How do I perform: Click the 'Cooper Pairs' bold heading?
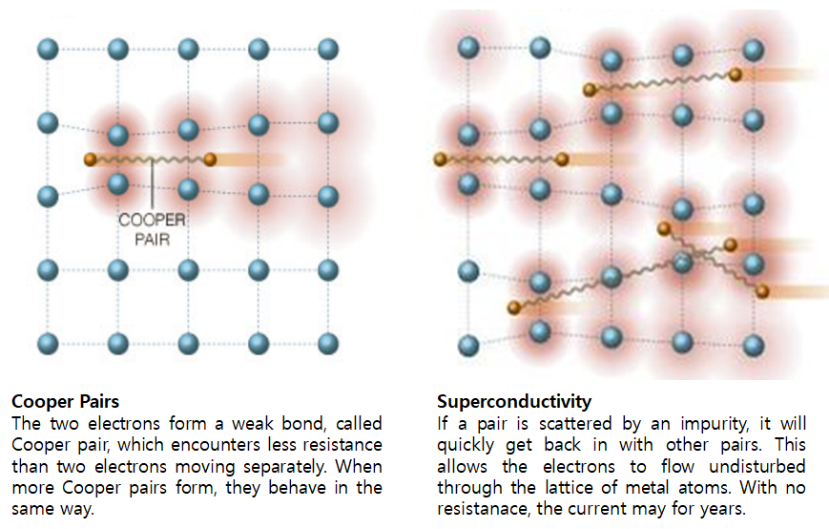point(66,401)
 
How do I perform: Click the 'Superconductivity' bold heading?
point(514,401)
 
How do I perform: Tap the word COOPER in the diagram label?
point(152,220)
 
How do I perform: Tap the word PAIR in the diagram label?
point(153,240)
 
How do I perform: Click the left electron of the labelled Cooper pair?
point(91,159)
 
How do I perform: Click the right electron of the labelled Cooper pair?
point(210,159)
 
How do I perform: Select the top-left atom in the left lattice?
point(48,50)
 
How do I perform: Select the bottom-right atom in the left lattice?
point(328,344)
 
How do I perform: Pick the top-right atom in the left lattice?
point(328,50)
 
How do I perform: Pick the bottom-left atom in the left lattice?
point(48,344)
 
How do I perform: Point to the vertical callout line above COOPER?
point(153,184)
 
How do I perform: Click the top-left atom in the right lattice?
point(468,47)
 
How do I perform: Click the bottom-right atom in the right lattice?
point(754,346)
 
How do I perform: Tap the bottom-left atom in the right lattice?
point(468,346)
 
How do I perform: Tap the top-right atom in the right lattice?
point(754,51)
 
